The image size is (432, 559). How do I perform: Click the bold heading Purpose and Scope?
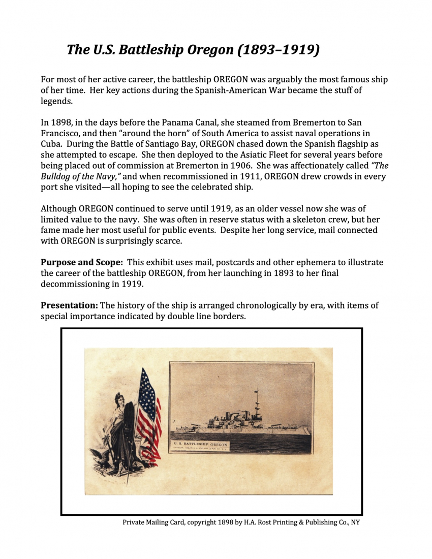81,263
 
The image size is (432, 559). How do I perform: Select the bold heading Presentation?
69,305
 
